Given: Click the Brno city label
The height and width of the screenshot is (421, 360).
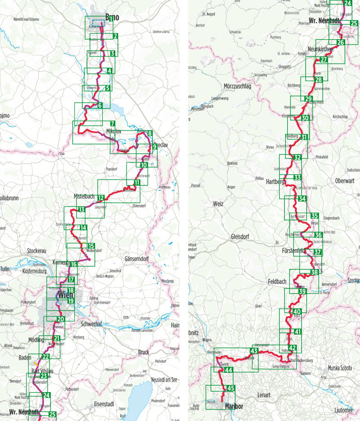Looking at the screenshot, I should (111, 17).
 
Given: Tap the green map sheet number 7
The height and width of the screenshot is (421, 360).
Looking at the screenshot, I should (112, 124).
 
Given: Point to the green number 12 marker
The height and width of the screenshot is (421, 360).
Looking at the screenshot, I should (101, 198).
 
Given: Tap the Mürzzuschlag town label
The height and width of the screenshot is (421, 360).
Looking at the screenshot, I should (237, 86).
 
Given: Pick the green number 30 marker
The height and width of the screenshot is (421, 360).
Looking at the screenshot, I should (305, 118).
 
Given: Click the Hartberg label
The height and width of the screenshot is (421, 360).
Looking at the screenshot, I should (276, 182).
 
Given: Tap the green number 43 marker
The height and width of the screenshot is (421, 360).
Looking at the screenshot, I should (253, 351).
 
